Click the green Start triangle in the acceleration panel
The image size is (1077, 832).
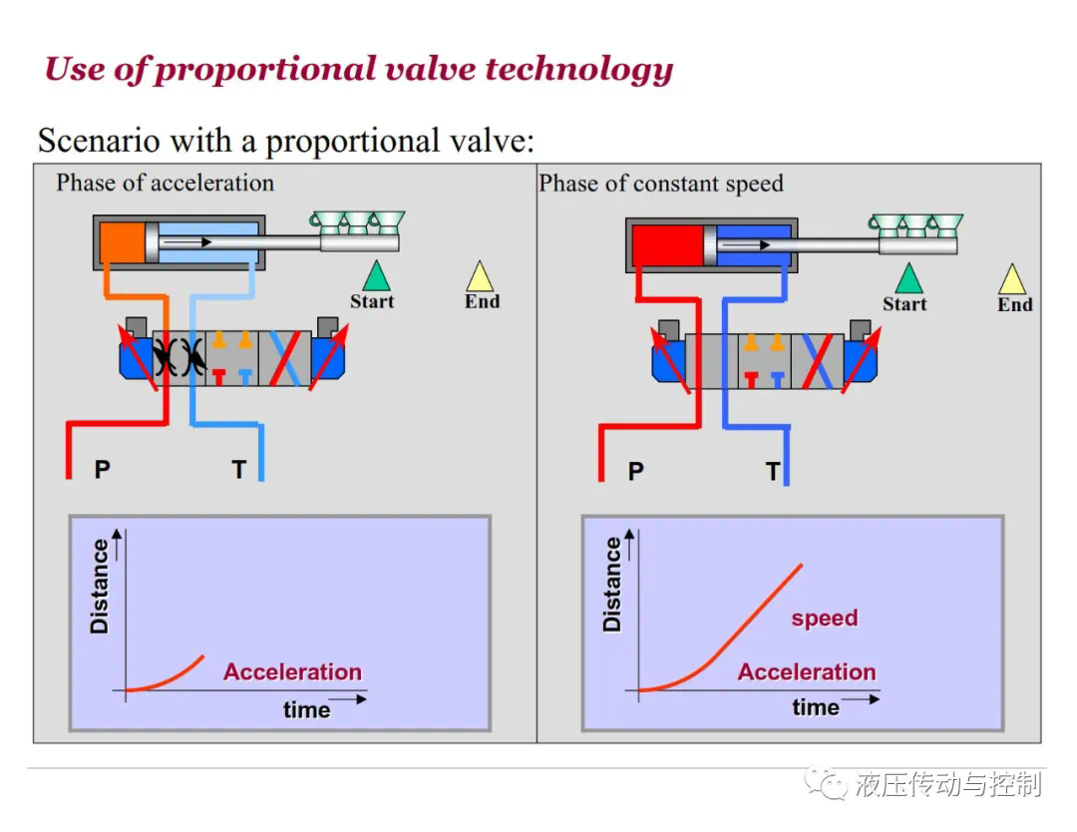click(x=376, y=277)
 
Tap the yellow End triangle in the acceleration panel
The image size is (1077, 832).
click(x=480, y=277)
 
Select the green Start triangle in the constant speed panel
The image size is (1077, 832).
click(x=908, y=279)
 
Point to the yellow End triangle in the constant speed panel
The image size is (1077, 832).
click(x=1012, y=280)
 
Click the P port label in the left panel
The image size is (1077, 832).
click(x=103, y=469)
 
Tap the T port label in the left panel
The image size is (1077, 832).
click(x=238, y=469)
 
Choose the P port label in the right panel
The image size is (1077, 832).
click(x=636, y=471)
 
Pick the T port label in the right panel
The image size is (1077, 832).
click(x=773, y=471)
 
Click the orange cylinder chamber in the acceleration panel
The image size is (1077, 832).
click(x=123, y=241)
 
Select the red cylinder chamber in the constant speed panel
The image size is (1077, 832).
click(x=667, y=245)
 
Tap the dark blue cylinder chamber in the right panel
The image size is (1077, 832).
click(x=754, y=245)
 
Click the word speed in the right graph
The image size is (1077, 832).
click(x=825, y=619)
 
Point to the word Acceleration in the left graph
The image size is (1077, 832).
click(x=292, y=671)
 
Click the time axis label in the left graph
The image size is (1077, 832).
click(x=306, y=709)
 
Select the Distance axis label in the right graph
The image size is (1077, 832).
click(x=612, y=585)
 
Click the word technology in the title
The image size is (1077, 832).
click(x=579, y=70)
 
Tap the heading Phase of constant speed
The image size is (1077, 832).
click(x=661, y=184)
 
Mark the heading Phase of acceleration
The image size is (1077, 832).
click(x=165, y=183)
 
